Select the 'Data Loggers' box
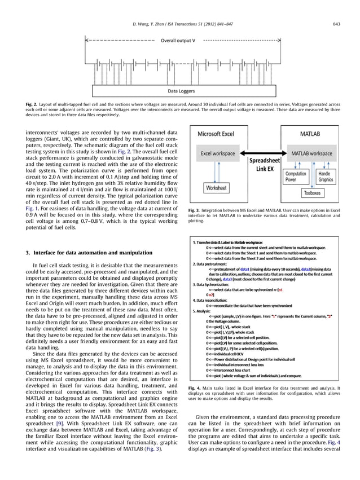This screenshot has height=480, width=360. tap(182, 90)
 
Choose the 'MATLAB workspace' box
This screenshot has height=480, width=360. tap(311, 153)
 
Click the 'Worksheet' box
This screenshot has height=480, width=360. tap(216, 187)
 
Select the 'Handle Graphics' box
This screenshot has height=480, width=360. tap(326, 177)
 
